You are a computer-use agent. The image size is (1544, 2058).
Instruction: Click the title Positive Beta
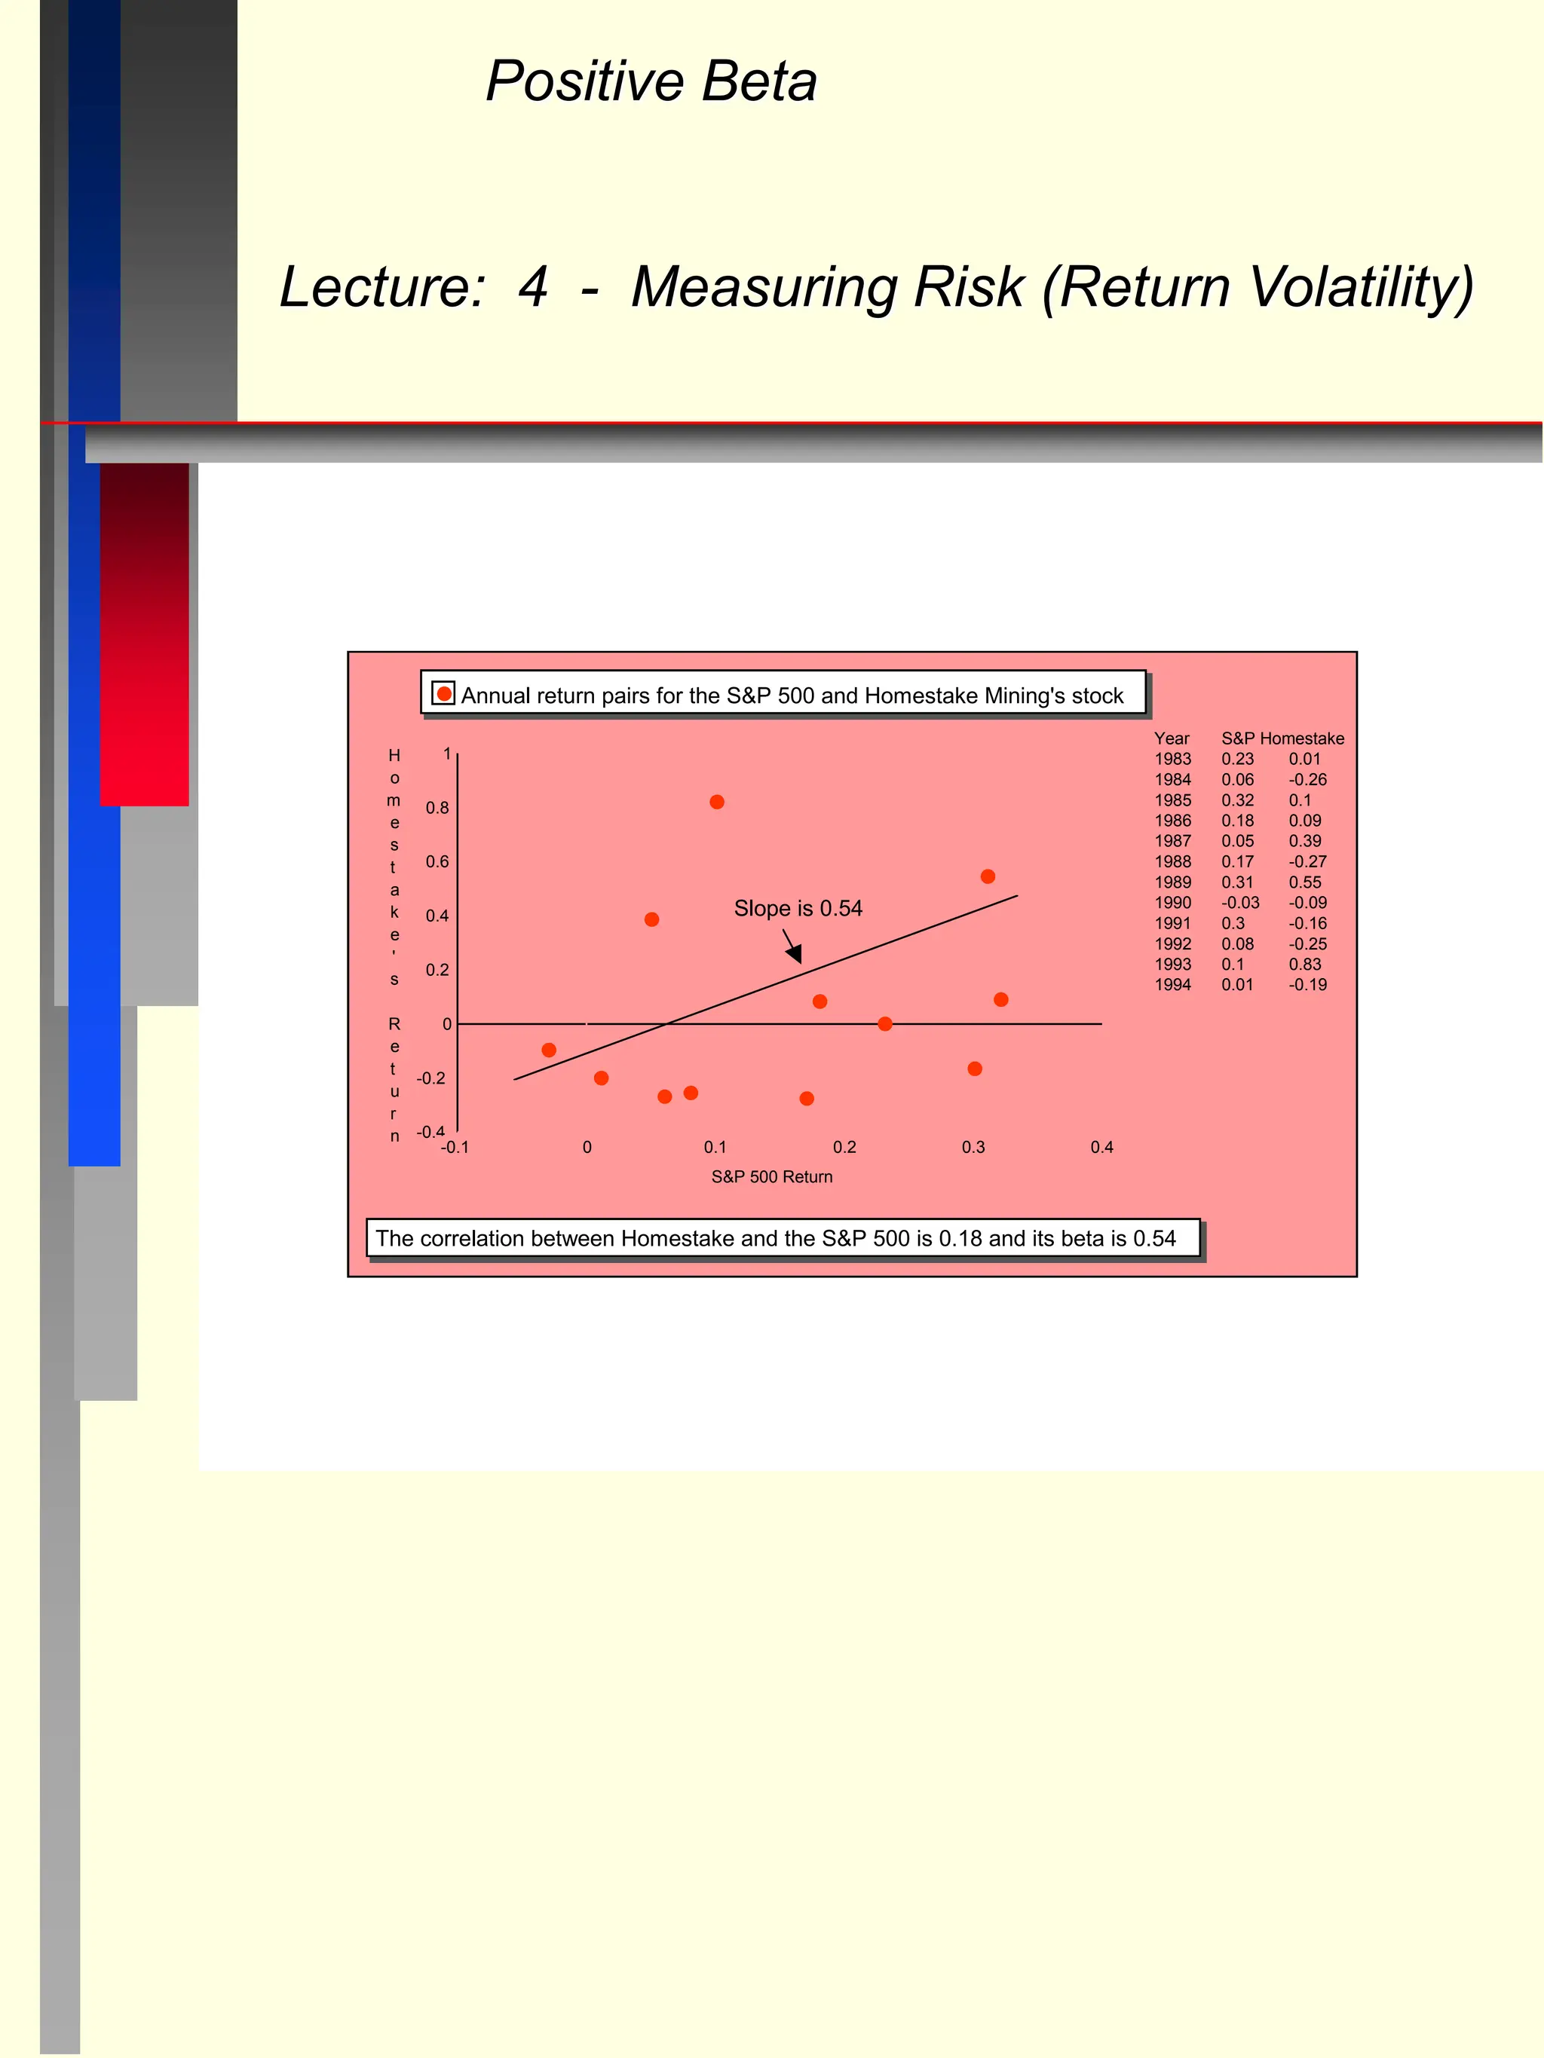click(x=651, y=82)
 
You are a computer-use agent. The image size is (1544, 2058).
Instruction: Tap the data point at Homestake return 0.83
click(x=717, y=802)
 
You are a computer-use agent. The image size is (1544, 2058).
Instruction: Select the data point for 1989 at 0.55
click(x=988, y=876)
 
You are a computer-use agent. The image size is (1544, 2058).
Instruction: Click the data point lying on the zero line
click(x=885, y=1023)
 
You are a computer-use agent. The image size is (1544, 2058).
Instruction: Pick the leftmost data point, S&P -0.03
click(x=549, y=1050)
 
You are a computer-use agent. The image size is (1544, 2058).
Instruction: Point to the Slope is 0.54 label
click(x=798, y=908)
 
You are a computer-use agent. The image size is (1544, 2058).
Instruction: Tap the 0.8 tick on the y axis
click(x=437, y=808)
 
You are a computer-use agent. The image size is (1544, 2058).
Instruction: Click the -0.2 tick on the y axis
click(x=431, y=1078)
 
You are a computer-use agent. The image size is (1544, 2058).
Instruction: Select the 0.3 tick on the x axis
click(x=973, y=1147)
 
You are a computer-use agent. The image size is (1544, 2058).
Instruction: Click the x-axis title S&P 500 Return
click(x=771, y=1177)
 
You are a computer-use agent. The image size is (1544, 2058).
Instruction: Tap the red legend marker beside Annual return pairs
click(x=444, y=694)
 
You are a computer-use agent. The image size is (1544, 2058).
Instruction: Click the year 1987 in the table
click(x=1172, y=841)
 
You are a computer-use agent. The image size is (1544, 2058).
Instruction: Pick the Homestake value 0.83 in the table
click(x=1305, y=964)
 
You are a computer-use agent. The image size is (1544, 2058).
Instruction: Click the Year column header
click(x=1171, y=738)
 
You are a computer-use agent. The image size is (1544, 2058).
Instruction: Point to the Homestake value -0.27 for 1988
click(x=1307, y=861)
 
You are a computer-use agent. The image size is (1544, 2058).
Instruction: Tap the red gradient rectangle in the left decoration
click(x=144, y=633)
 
